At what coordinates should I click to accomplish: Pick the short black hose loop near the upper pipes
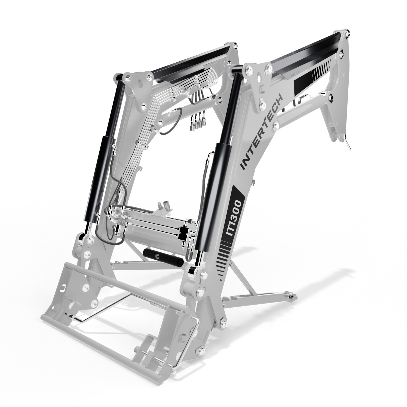pos(171,122)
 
